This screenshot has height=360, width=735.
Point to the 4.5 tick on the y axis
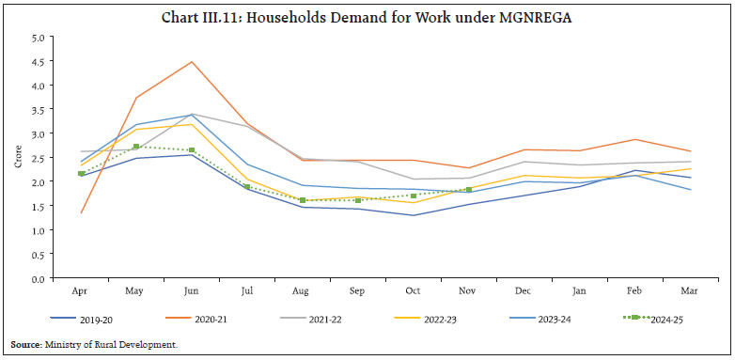point(38,62)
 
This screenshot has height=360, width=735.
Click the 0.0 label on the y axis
point(38,279)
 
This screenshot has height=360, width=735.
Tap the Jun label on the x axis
point(191,290)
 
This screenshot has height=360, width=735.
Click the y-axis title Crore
point(15,158)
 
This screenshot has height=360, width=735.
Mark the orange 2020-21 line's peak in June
point(191,62)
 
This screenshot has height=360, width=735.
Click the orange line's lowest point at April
point(82,213)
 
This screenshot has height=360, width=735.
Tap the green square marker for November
point(469,190)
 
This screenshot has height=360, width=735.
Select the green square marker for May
point(136,147)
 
